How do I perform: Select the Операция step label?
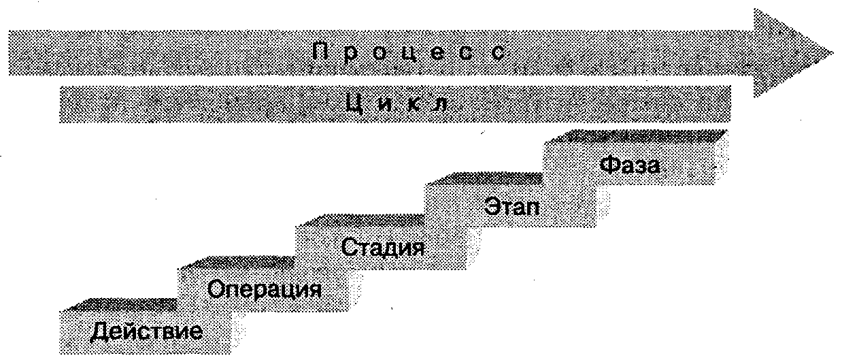pos(265,290)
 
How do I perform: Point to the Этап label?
pos(513,205)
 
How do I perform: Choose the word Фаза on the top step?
pos(630,165)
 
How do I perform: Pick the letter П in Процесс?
pos(321,52)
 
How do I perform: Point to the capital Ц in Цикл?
pos(354,104)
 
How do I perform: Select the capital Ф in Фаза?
pos(609,165)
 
